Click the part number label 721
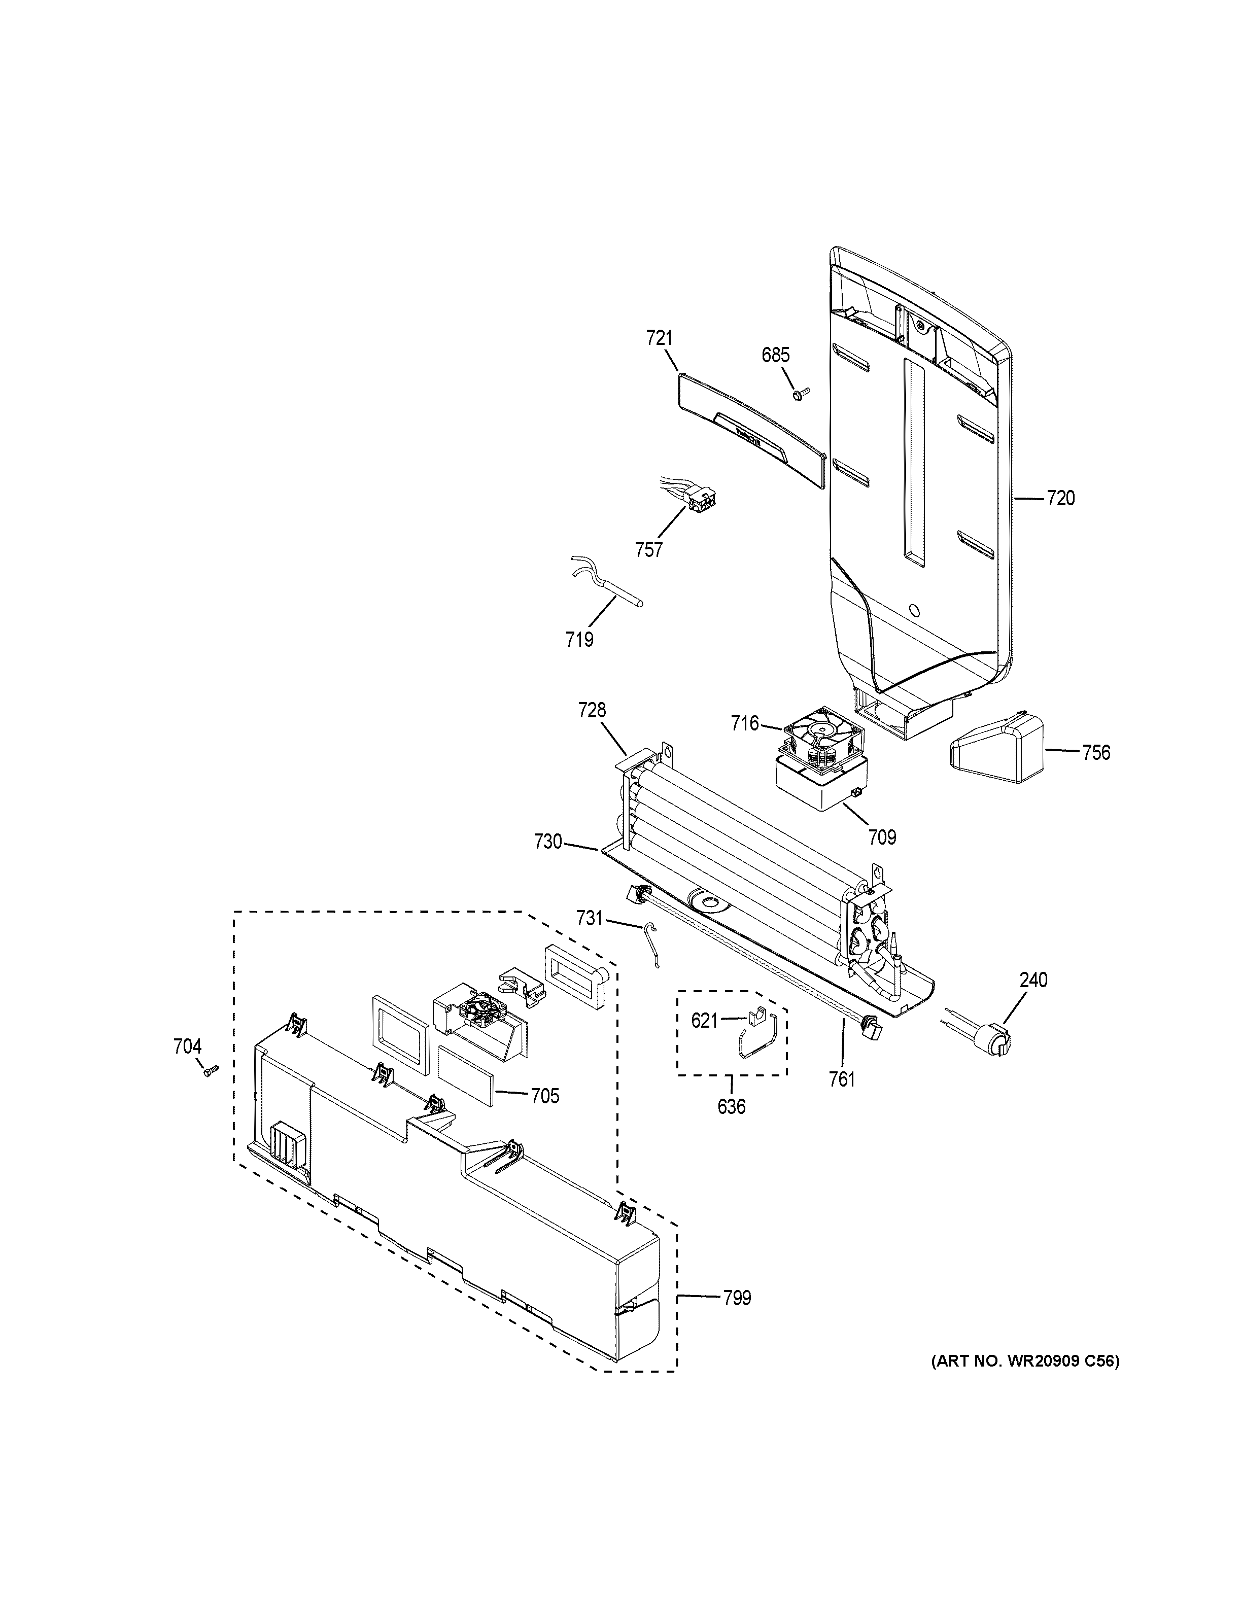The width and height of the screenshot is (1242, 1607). pos(659,338)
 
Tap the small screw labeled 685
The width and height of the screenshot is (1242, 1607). pos(800,394)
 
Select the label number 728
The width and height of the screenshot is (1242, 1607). pos(592,710)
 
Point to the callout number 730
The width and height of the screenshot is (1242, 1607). pos(548,841)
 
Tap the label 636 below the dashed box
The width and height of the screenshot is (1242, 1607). pos(732,1106)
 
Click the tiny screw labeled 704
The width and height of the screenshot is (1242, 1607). pos(210,1072)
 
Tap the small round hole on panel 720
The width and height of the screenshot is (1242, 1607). pos(914,610)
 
